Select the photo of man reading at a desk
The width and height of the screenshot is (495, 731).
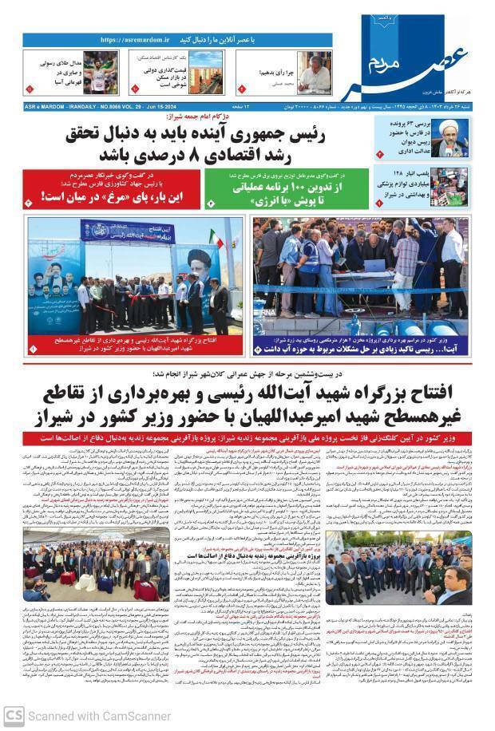click(315, 73)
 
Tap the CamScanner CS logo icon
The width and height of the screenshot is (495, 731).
click(14, 716)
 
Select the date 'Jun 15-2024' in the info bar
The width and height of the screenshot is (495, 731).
click(164, 106)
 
